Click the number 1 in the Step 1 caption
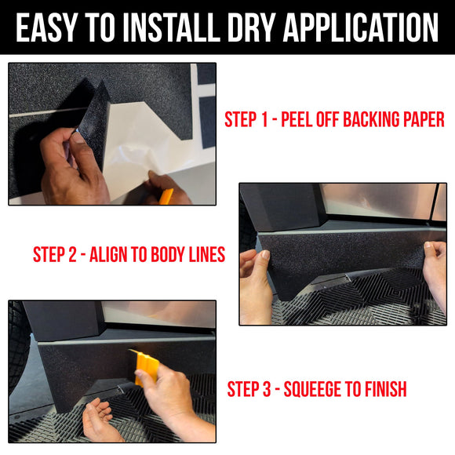click(x=269, y=120)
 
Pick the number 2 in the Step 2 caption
click(x=77, y=255)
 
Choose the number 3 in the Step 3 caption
click(x=272, y=389)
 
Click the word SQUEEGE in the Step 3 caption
click(x=320, y=389)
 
